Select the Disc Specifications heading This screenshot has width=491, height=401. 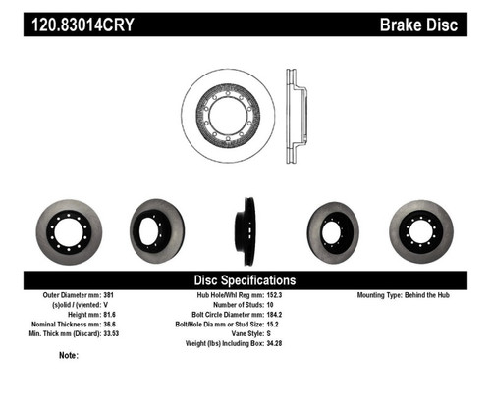(245, 279)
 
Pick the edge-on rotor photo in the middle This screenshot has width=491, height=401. (243, 231)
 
